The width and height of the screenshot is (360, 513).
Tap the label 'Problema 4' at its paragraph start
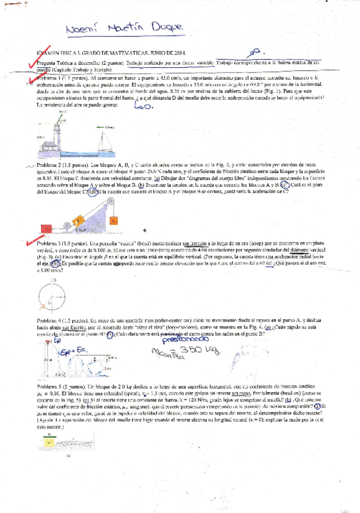pos(51,319)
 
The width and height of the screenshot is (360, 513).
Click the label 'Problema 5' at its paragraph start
pos(51,385)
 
